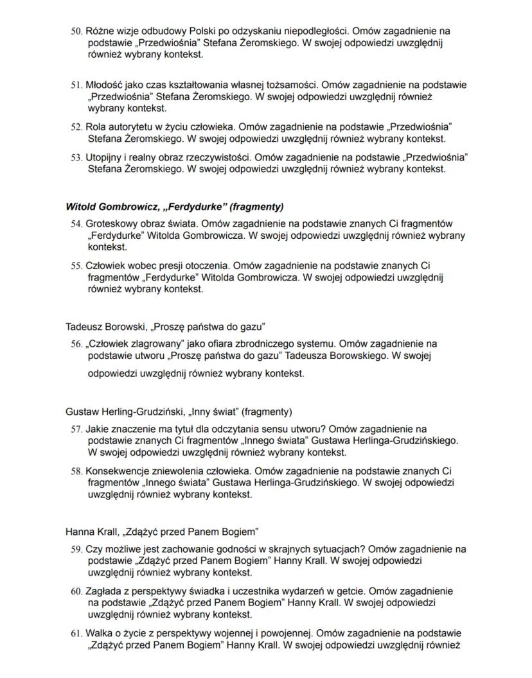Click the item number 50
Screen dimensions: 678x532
pos(76,31)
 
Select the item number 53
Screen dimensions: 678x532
pos(76,157)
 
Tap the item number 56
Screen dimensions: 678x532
pos(76,344)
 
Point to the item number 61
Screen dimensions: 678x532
pos(76,634)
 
